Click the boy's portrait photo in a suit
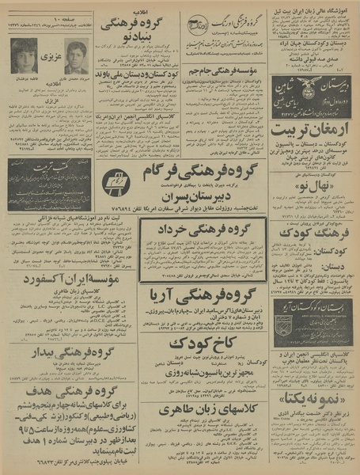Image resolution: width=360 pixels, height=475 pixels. coord(76,58)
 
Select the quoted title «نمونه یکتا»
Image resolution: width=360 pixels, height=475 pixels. coord(313,395)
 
